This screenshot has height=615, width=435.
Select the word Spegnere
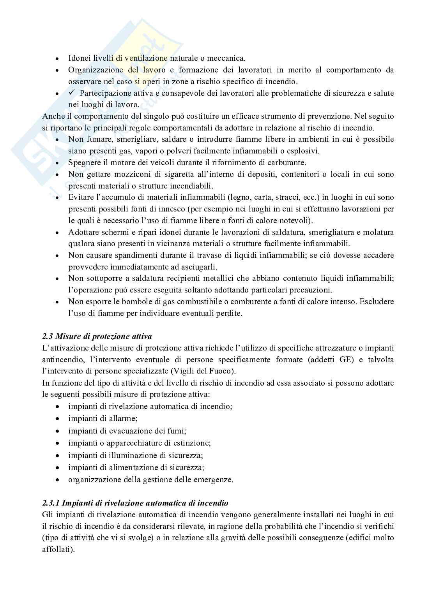coord(84,162)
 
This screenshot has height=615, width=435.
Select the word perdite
coord(228,313)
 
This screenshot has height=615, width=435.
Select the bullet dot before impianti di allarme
coord(58,419)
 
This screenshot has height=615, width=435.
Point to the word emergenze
coord(215,480)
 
